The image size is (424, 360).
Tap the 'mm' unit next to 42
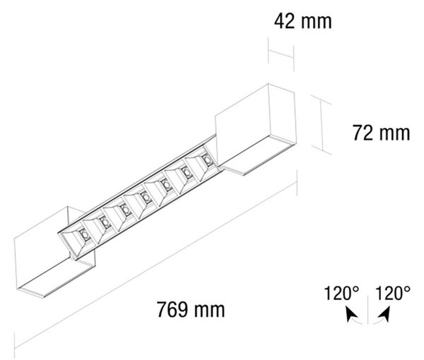point(316,23)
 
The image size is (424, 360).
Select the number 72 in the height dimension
point(363,133)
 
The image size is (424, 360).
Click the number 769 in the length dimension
point(172,309)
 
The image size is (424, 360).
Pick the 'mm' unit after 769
point(209,311)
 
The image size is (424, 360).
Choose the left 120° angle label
point(341,293)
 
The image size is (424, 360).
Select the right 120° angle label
point(393,293)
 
